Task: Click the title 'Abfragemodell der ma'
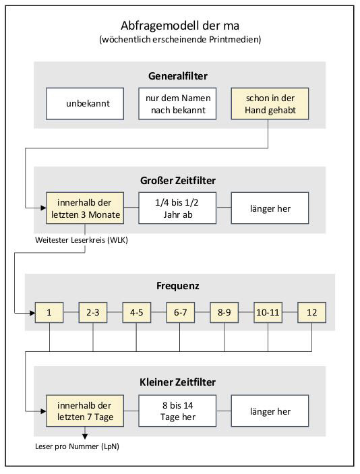click(180, 26)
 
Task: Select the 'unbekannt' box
click(85, 104)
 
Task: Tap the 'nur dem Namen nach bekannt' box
click(177, 104)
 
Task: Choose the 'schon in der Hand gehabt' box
click(270, 104)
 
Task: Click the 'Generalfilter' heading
click(178, 76)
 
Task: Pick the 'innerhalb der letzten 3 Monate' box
click(85, 208)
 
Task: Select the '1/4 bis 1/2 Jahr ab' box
click(177, 208)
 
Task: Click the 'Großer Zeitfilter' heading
click(178, 181)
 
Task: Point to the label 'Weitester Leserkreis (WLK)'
click(82, 240)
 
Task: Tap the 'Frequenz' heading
click(178, 286)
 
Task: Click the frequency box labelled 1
click(49, 312)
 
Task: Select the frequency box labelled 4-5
click(137, 312)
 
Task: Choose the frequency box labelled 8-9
click(224, 312)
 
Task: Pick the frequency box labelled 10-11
click(268, 312)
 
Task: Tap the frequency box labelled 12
click(312, 312)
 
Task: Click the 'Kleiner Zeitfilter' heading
click(178, 382)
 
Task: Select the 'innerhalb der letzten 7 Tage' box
click(85, 411)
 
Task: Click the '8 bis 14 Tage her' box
click(177, 411)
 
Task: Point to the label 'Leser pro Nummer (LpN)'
click(77, 446)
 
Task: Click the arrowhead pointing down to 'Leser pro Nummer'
click(85, 436)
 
